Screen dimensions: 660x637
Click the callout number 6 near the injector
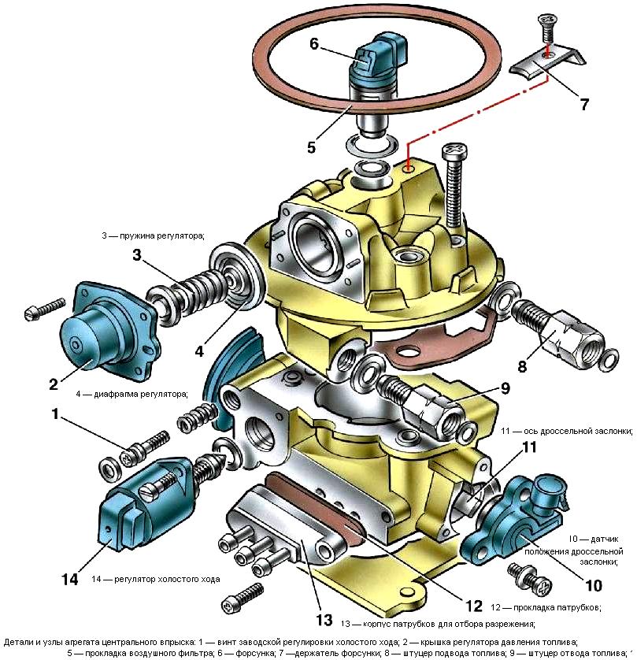(x=314, y=44)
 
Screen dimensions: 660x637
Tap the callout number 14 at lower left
(x=69, y=579)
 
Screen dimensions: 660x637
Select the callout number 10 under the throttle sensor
(x=592, y=585)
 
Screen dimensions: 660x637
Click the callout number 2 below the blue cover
(x=54, y=384)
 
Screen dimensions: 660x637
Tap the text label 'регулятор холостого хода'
(x=155, y=579)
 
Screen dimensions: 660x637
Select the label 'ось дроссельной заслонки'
(x=567, y=431)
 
